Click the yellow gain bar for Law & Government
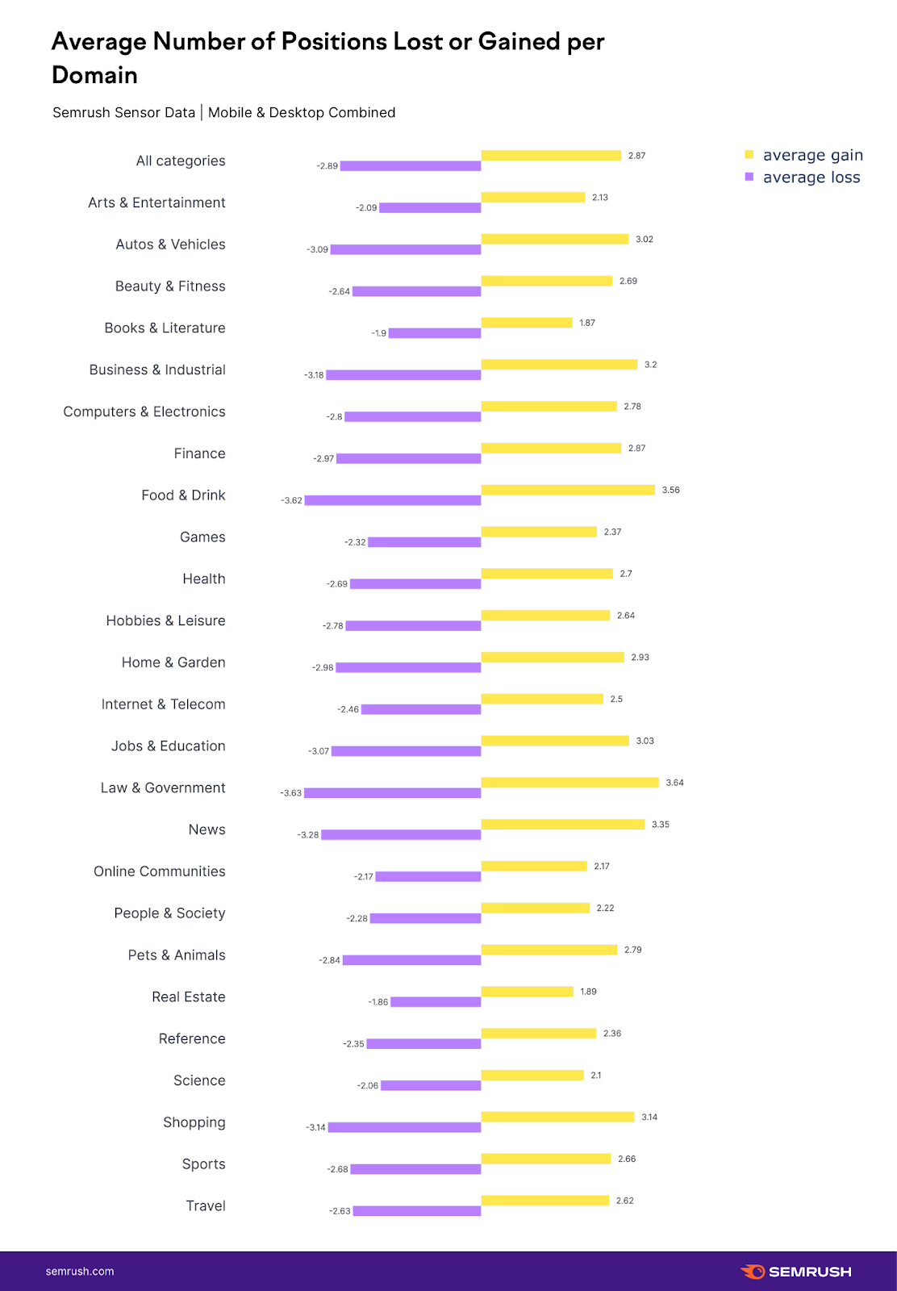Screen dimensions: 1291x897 (569, 782)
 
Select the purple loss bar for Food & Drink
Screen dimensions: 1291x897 (393, 500)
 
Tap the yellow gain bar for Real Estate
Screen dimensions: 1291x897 (527, 991)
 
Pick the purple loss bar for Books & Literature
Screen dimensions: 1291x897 (435, 333)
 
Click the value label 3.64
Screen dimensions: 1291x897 (674, 783)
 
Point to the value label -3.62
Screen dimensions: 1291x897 (291, 501)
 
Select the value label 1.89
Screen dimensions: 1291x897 (588, 992)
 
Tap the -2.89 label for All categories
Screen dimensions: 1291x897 (327, 166)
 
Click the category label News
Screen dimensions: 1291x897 (207, 829)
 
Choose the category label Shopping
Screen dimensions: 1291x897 (194, 1122)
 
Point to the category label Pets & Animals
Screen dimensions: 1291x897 (177, 955)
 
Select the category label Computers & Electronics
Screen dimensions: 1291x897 (144, 412)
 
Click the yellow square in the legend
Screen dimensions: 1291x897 (749, 154)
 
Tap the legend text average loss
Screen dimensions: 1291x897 (811, 178)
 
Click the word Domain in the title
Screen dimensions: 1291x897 (94, 75)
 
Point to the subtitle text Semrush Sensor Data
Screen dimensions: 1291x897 (123, 112)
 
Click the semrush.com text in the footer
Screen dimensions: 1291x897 (80, 1272)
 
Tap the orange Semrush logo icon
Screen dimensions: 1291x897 (753, 1272)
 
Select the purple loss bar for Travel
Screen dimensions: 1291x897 (417, 1211)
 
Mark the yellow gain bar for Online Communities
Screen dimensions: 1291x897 (534, 866)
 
